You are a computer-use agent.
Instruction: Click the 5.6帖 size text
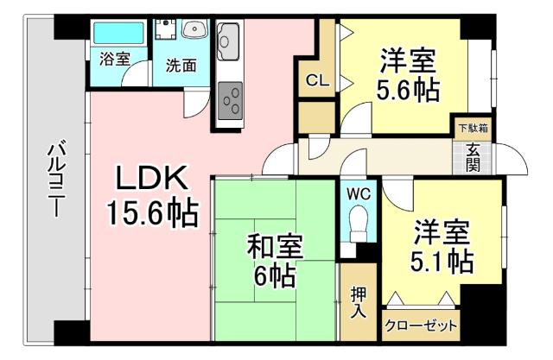pyautogui.click(x=406, y=90)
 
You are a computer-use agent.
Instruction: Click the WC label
pyautogui.click(x=359, y=194)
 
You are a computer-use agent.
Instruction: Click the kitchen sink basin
pyautogui.click(x=230, y=40)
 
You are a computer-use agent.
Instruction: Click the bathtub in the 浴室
pyautogui.click(x=118, y=34)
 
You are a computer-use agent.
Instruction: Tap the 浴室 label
pyautogui.click(x=115, y=60)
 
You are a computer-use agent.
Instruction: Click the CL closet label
pyautogui.click(x=316, y=81)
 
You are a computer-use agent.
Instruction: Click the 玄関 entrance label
pyautogui.click(x=473, y=156)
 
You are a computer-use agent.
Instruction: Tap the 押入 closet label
pyautogui.click(x=359, y=303)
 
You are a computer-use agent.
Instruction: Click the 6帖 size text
pyautogui.click(x=275, y=276)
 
